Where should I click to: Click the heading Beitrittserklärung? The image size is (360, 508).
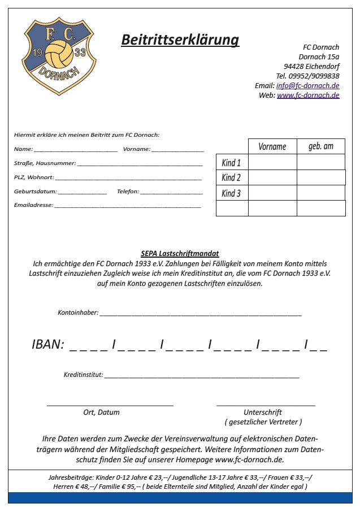coord(180,40)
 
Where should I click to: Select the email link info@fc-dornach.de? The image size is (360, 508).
coord(307,85)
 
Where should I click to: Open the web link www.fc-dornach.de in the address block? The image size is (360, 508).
coord(308,95)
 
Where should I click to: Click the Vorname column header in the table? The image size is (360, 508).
coord(272,146)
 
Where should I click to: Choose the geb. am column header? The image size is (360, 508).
coord(320,146)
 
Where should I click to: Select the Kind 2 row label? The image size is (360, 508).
coord(231,177)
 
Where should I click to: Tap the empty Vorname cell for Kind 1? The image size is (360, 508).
coord(272,162)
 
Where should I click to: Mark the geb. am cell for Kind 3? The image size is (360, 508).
coord(320,193)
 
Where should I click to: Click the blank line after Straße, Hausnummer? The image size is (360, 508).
coord(140,164)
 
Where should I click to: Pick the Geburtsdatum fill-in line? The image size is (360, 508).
coord(82,193)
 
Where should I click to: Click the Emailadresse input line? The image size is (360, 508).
coord(127,207)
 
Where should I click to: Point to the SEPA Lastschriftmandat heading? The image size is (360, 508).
coord(180,254)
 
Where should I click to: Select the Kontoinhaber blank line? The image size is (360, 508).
coord(201,314)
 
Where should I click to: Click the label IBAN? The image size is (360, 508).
coord(48,345)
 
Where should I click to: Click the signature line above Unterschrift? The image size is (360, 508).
coord(266,405)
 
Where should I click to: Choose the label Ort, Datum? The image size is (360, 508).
coord(102,412)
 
